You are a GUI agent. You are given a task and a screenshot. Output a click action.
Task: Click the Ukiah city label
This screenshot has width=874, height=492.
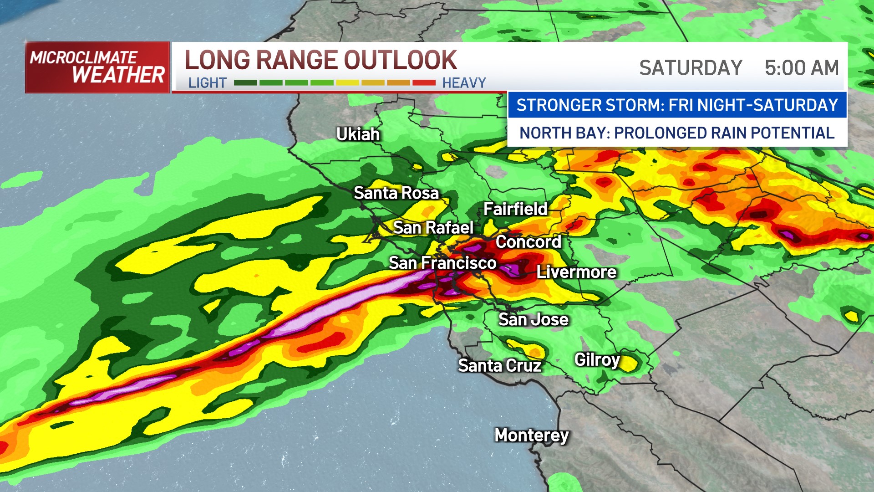pos(358,134)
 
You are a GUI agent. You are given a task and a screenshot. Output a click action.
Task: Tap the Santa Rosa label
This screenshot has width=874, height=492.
pos(396,193)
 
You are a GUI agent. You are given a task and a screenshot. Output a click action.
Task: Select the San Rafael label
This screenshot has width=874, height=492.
pos(433,227)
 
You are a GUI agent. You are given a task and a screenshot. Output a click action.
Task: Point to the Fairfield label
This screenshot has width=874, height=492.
pos(515,209)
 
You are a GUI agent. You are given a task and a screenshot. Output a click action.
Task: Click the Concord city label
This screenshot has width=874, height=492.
pos(528,242)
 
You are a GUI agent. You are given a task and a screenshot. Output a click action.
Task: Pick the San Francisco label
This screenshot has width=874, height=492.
pos(442,263)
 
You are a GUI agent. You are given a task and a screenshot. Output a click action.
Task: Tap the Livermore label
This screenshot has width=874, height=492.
pos(576,272)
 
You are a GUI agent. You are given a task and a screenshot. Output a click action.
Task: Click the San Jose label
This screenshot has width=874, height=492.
pos(534,319)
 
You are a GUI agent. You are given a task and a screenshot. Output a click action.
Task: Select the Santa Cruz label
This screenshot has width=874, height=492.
pos(499,365)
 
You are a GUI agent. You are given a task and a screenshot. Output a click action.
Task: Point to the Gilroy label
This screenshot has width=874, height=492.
pos(597,360)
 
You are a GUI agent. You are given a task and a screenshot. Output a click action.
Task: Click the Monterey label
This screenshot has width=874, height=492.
pos(532,435)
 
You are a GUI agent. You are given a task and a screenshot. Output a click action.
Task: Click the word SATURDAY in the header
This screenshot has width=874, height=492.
pos(691,68)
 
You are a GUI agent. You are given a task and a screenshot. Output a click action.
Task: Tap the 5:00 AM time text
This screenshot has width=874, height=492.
pos(802,68)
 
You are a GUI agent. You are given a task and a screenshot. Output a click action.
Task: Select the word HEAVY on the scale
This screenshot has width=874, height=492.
pos(464,83)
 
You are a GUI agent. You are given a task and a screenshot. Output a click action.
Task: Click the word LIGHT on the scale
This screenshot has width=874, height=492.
pos(207,83)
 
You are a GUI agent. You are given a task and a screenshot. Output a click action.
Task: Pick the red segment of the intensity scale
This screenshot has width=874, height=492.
pos(424,83)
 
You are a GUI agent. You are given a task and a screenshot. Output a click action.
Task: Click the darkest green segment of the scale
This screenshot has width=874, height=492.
pos(245,83)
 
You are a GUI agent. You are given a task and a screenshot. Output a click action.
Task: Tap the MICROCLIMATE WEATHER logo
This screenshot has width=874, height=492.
pos(97,67)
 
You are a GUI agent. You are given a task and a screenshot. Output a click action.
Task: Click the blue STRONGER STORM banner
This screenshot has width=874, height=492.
pos(677,105)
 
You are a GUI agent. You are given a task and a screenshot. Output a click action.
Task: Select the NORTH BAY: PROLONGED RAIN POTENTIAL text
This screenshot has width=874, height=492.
pos(677,133)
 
